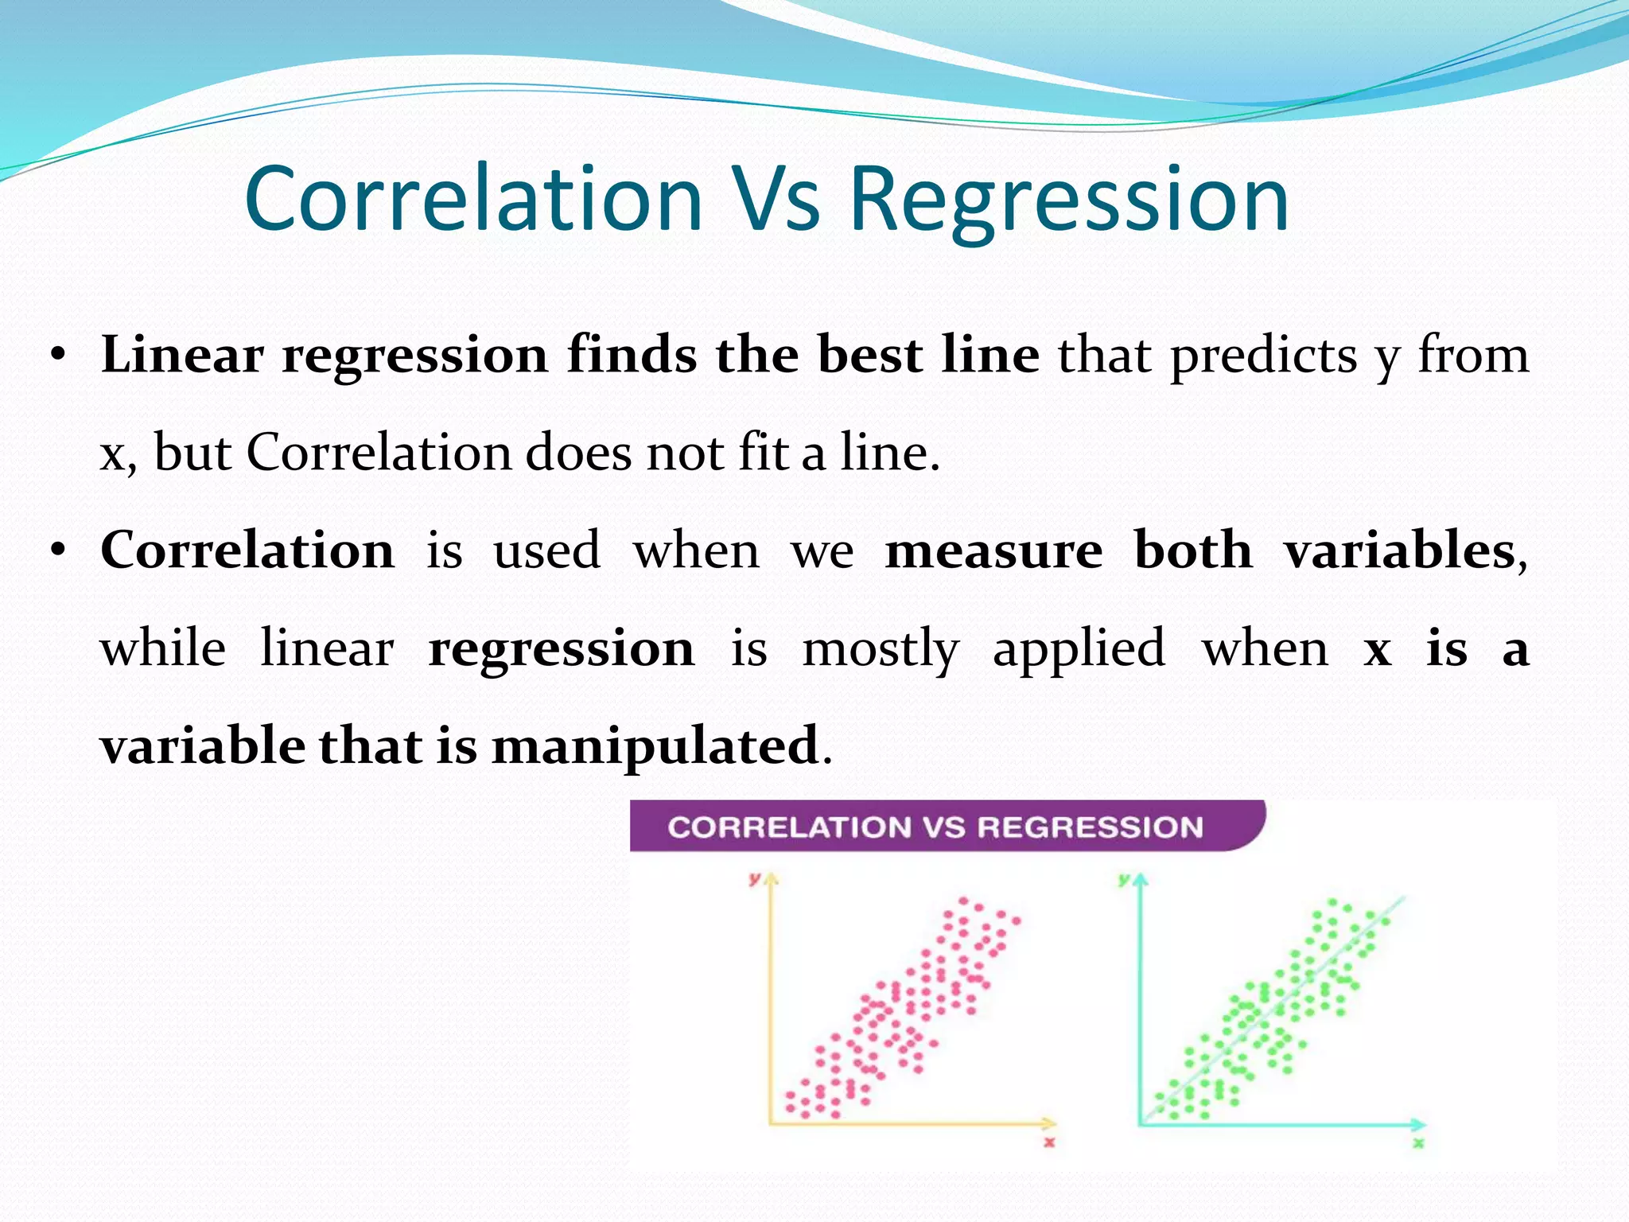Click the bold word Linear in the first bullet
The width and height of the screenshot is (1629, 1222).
point(182,355)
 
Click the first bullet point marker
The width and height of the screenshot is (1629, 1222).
point(56,356)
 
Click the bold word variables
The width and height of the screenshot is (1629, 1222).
point(1399,551)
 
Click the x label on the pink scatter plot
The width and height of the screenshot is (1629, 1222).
point(1049,1143)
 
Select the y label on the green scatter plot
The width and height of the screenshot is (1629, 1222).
point(1124,878)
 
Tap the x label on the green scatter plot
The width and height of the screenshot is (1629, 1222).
point(1418,1143)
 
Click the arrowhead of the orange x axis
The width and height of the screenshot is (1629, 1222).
point(1050,1123)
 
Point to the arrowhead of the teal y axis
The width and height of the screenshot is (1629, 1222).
point(1141,880)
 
